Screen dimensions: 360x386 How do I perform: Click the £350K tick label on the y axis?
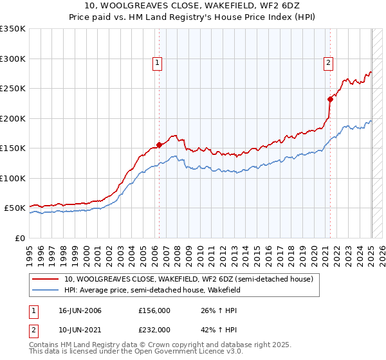click(x=13, y=29)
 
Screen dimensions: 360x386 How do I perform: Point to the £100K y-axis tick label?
click(x=13, y=178)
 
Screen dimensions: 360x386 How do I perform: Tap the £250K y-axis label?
click(x=13, y=89)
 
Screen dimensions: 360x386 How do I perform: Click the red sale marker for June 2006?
click(x=159, y=145)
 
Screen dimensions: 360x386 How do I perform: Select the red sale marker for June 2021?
click(x=330, y=99)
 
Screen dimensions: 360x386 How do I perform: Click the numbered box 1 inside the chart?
click(x=158, y=63)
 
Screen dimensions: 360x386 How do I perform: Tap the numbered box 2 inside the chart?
click(x=328, y=63)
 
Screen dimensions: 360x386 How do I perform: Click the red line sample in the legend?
click(x=45, y=279)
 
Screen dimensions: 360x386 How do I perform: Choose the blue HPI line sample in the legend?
click(x=45, y=290)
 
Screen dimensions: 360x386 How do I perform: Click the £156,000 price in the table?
click(x=154, y=311)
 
